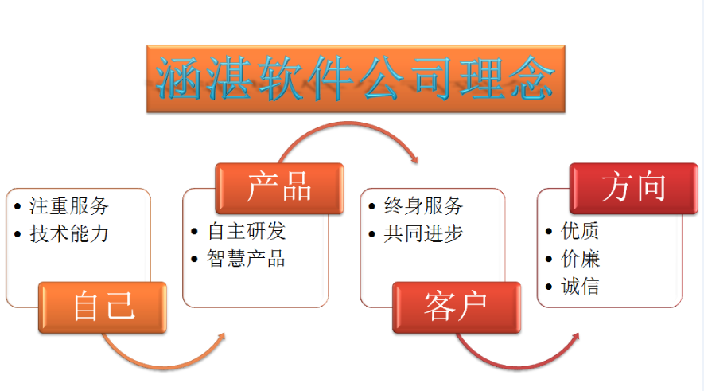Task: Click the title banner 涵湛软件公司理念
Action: [356, 79]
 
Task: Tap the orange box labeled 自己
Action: [103, 307]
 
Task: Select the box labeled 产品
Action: [279, 188]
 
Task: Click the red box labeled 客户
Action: [457, 307]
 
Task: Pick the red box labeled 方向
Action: [633, 188]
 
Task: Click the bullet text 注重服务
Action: [69, 206]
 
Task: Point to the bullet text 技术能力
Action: [69, 233]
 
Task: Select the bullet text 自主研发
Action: [246, 232]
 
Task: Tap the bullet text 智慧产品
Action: [246, 259]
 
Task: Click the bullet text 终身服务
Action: [423, 206]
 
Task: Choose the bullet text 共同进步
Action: [423, 233]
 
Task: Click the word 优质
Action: [580, 232]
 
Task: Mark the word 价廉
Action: [580, 259]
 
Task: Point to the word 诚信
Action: [580, 287]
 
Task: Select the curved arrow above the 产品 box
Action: [348, 123]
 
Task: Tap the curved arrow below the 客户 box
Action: [516, 368]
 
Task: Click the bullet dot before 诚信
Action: [548, 287]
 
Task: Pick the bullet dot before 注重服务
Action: [18, 207]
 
